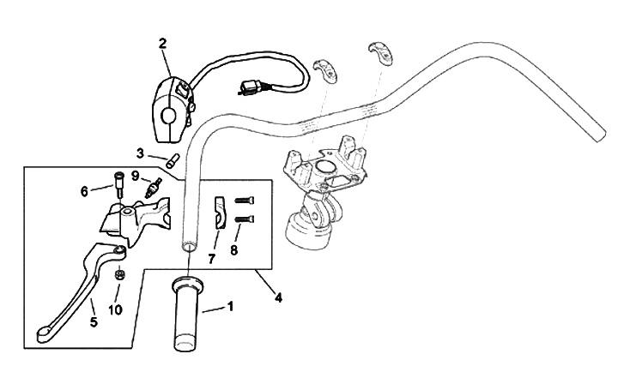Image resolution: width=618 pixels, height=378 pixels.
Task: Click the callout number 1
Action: click(229, 306)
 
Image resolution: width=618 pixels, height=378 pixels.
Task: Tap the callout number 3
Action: click(141, 153)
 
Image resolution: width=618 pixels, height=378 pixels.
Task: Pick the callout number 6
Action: click(85, 191)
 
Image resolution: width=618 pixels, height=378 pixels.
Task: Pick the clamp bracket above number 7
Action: click(220, 213)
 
